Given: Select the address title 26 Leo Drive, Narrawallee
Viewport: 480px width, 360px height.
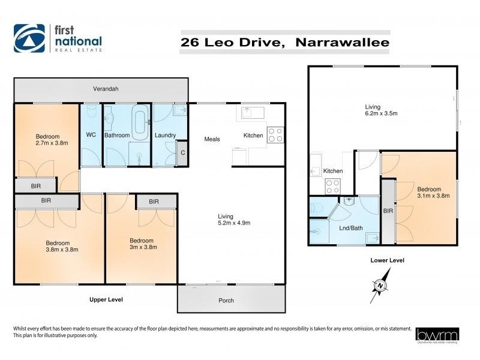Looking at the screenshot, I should tap(285, 43).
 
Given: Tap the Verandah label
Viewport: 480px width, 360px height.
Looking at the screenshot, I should tap(106, 89).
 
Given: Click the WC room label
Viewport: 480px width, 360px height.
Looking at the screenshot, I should tap(92, 135).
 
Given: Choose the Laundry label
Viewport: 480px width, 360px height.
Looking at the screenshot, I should tap(165, 136).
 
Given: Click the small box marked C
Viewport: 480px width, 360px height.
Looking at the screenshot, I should tap(183, 153).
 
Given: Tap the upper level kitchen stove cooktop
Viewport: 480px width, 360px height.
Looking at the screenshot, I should tap(275, 135).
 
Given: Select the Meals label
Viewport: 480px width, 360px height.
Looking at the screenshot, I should tap(212, 139).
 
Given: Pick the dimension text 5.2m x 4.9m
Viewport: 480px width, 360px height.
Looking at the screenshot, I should tap(234, 223).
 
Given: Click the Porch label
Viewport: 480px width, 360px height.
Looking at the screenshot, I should tap(226, 300).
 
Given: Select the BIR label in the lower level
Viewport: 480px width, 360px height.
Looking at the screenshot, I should tap(388, 211).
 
